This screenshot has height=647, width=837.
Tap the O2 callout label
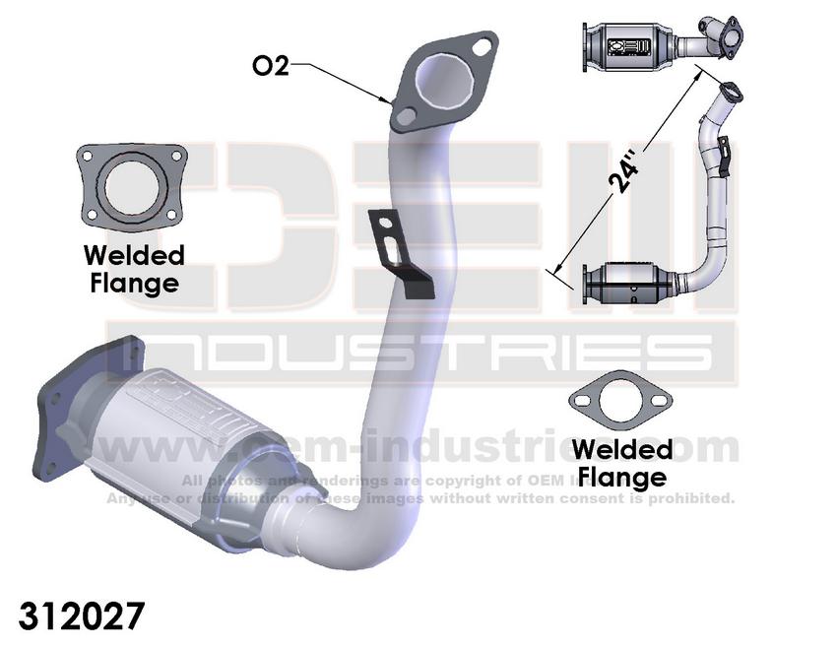(271, 66)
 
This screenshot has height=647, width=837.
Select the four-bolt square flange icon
(131, 185)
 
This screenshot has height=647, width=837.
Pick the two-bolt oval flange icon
(619, 402)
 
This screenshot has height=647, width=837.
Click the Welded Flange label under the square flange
(134, 269)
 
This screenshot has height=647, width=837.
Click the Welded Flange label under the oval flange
(621, 463)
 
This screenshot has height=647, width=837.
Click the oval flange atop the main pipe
(445, 81)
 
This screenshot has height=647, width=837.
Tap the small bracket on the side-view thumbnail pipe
(725, 158)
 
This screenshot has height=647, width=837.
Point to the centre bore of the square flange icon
(131, 185)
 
